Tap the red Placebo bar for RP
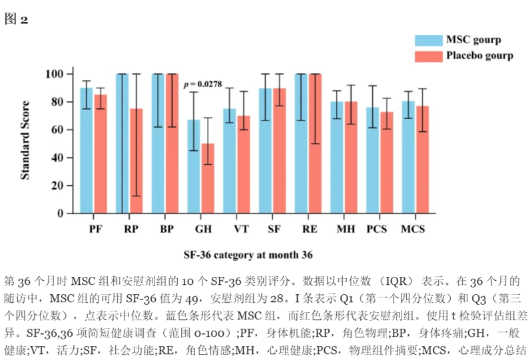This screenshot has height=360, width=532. [136, 166]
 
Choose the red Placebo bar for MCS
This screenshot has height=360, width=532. [421, 163]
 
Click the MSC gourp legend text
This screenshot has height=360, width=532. [473, 40]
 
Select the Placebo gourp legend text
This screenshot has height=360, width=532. [479, 56]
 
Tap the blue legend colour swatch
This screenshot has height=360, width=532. [428, 40]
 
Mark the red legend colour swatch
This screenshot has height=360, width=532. [428, 56]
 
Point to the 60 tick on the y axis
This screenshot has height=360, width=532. [59, 130]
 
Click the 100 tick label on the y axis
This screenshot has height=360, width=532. [55, 73]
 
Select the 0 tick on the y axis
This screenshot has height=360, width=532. [61, 214]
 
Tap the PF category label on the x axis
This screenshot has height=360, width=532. [94, 230]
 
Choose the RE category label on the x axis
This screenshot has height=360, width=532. [308, 230]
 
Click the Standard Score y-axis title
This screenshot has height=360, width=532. [25, 140]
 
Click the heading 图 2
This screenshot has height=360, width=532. [17, 19]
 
